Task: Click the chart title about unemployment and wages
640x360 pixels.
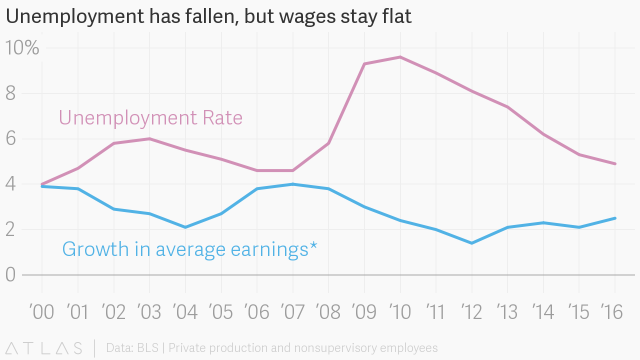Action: pos(208,17)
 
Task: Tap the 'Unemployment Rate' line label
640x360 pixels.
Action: pos(150,118)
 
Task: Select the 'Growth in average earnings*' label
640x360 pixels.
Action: pos(189,249)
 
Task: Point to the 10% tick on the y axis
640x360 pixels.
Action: pos(22,48)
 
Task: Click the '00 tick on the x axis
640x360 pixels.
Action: pos(41,312)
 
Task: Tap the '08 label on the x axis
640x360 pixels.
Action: pos(328,312)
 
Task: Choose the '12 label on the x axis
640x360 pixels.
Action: pos(471,312)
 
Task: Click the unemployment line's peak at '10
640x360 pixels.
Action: pos(400,57)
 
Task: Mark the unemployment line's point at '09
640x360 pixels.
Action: pos(364,64)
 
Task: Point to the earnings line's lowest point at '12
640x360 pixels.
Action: pos(471,243)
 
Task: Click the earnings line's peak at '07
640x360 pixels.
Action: pos(292,184)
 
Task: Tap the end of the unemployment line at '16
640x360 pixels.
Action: pos(614,163)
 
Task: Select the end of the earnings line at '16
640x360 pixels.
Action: pos(614,218)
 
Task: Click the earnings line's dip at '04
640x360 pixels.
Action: pos(185,227)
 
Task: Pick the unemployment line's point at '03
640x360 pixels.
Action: pos(149,138)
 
